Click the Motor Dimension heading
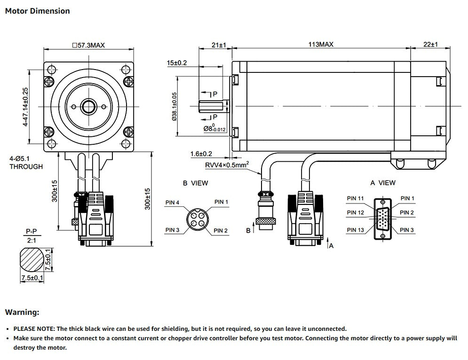[37, 11]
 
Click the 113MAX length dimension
[321, 45]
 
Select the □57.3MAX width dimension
[88, 45]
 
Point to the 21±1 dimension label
[219, 45]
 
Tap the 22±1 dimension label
[430, 45]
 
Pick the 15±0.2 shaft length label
[177, 63]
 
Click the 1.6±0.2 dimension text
[202, 154]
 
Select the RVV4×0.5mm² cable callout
[227, 164]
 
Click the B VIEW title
[195, 183]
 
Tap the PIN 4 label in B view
[172, 203]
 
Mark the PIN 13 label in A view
[355, 230]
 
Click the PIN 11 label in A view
[355, 198]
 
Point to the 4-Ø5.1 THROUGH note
[26, 163]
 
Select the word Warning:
[22, 312]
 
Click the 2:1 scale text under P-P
[31, 241]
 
